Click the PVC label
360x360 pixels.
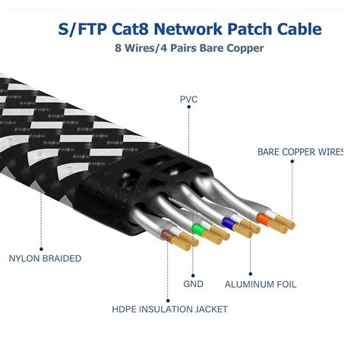(189, 99)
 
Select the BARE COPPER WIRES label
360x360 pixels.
(308, 152)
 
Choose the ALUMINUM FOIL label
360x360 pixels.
(261, 284)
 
